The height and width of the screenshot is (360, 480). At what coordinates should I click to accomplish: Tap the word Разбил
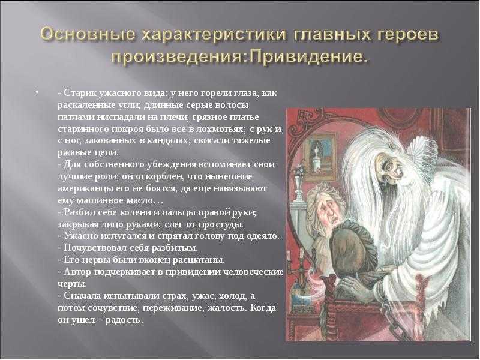[79, 212]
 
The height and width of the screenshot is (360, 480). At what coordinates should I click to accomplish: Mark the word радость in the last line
[125, 320]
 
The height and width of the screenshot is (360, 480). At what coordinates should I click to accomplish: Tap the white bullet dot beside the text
[37, 92]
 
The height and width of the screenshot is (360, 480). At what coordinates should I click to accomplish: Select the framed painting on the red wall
[319, 157]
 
